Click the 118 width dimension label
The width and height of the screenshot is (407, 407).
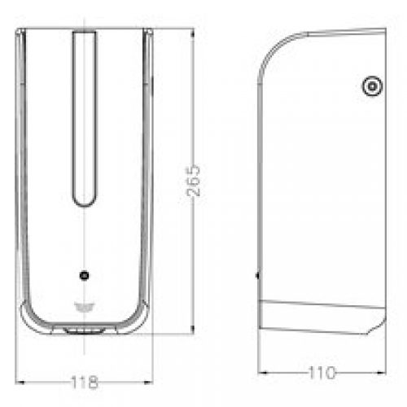click(x=85, y=382)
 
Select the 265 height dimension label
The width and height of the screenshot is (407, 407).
click(x=193, y=180)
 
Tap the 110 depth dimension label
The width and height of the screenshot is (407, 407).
click(x=322, y=373)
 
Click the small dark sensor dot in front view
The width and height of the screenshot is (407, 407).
click(x=85, y=275)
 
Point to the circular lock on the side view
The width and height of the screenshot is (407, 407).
click(x=372, y=86)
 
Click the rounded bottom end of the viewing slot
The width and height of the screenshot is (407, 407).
click(x=84, y=204)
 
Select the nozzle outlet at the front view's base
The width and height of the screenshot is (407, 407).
click(x=84, y=330)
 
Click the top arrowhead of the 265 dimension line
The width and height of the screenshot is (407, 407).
click(x=192, y=33)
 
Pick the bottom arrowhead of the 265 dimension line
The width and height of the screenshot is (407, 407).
click(x=192, y=329)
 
